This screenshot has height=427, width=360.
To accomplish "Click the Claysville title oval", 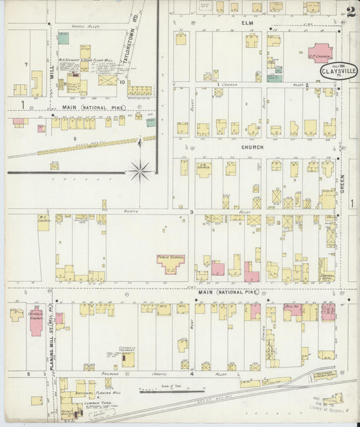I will [335, 70].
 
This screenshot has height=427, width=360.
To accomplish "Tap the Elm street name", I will [247, 22].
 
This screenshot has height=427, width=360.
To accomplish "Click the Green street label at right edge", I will [342, 168].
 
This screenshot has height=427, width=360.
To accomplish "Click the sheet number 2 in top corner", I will [350, 11].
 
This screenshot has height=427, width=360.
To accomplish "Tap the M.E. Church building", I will [44, 223].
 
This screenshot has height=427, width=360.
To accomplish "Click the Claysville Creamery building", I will [128, 359].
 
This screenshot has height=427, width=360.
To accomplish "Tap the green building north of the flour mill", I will [63, 39].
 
